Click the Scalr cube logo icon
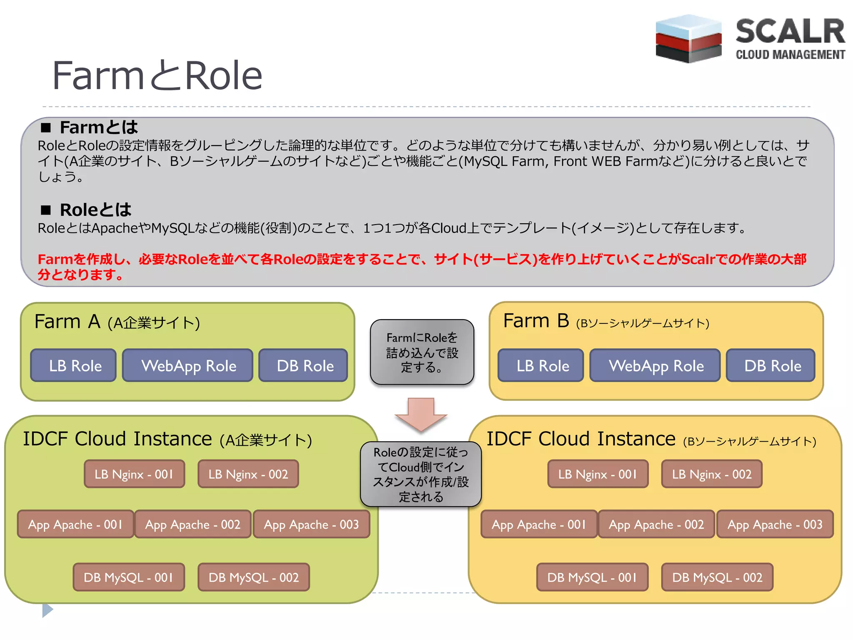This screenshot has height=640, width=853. [x=688, y=39]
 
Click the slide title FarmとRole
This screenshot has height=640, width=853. [x=157, y=75]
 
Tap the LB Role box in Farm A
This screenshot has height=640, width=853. [x=74, y=365]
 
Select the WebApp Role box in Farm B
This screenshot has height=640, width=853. [x=655, y=365]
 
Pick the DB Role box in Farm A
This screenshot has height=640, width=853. [x=304, y=365]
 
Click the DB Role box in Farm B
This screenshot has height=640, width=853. [x=771, y=365]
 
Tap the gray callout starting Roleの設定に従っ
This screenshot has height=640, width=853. [x=421, y=474]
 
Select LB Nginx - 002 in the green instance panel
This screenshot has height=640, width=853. [x=248, y=474]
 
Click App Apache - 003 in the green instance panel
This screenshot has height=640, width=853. [x=312, y=524]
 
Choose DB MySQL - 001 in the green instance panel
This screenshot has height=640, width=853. [x=129, y=577]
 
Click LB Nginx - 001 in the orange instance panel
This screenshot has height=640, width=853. [x=598, y=474]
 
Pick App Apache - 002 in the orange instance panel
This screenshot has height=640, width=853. [x=656, y=524]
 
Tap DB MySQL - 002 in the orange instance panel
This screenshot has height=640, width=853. [x=717, y=577]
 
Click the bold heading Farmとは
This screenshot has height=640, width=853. [x=98, y=127]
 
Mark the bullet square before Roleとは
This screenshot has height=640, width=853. [x=46, y=210]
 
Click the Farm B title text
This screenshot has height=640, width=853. [x=536, y=321]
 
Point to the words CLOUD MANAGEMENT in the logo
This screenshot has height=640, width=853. [x=790, y=55]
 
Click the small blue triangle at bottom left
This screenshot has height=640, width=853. [x=47, y=610]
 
